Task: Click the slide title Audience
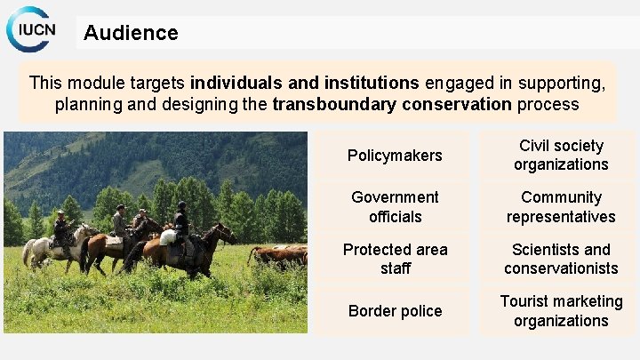tap(131, 33)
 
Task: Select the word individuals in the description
tap(236, 83)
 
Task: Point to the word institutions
tap(366, 83)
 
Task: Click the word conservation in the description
tap(457, 104)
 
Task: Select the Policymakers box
tap(395, 156)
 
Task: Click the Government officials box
tap(395, 206)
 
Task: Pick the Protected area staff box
tap(395, 259)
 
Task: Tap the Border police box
tap(395, 310)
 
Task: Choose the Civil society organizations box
tap(561, 156)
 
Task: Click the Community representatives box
tap(561, 206)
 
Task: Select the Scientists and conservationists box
tap(561, 259)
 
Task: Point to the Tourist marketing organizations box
tap(561, 310)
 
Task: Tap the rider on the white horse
tap(60, 228)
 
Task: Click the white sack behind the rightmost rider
tap(167, 236)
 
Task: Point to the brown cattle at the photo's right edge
tap(280, 256)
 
